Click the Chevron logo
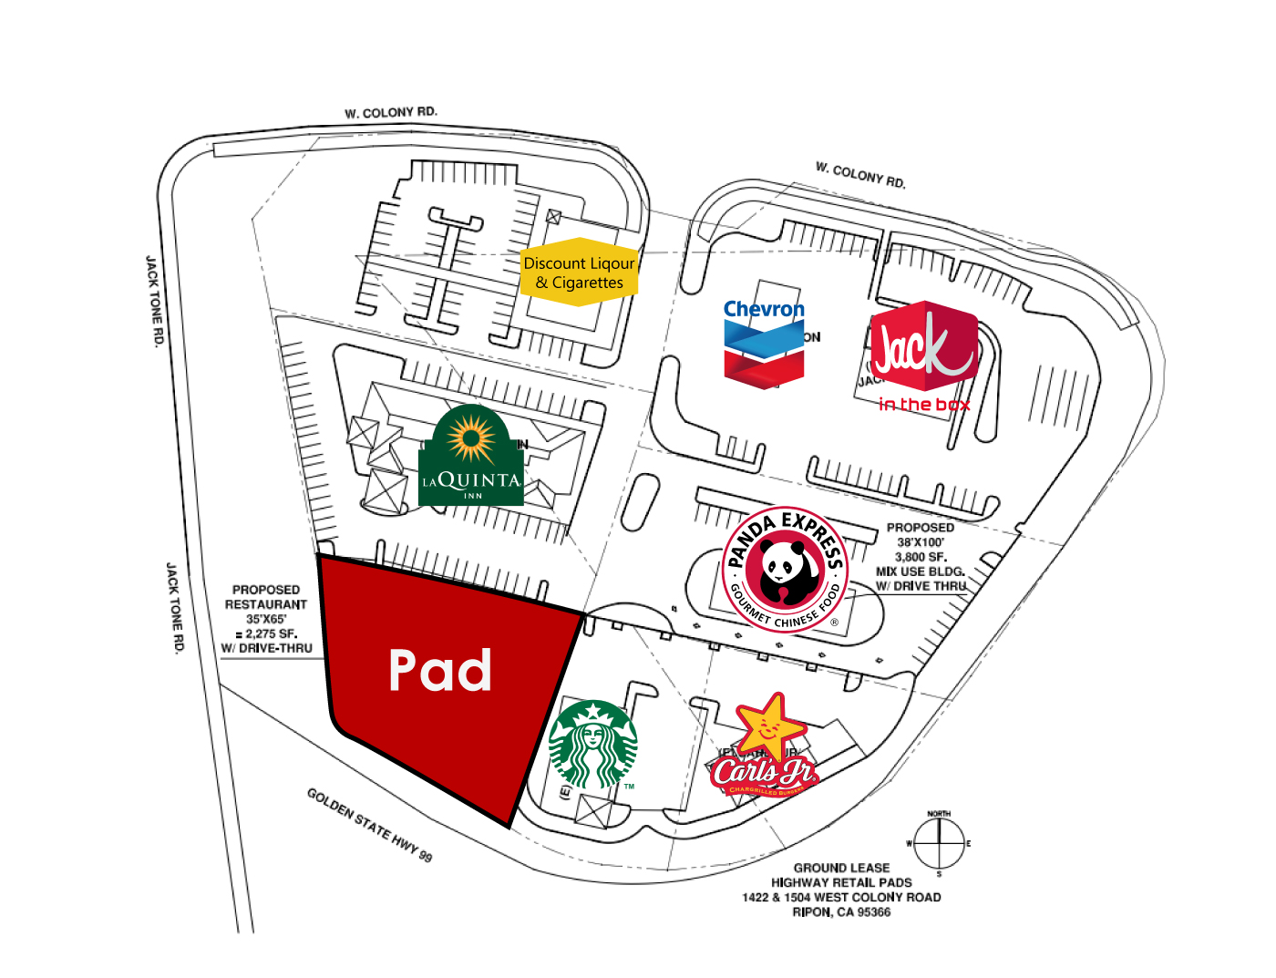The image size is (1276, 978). (x=764, y=342)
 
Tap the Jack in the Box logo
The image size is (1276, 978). (x=923, y=355)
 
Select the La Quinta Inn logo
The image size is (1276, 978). (x=471, y=458)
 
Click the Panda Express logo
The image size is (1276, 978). (x=784, y=570)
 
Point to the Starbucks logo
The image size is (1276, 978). (x=593, y=745)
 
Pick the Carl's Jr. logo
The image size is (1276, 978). (x=764, y=747)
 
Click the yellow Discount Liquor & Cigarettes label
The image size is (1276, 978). (x=579, y=273)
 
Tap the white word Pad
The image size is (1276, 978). (x=440, y=670)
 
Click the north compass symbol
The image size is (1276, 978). (x=939, y=843)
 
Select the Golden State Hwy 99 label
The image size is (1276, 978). (x=369, y=825)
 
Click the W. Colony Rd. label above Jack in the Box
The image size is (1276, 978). (x=860, y=175)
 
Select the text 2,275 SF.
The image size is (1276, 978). (x=271, y=633)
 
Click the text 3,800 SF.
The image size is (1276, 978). (x=921, y=557)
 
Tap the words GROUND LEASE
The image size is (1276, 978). (x=841, y=868)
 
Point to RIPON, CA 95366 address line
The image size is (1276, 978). (x=841, y=911)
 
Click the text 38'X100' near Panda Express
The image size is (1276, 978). (x=921, y=542)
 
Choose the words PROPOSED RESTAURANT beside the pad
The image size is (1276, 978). (x=266, y=597)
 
